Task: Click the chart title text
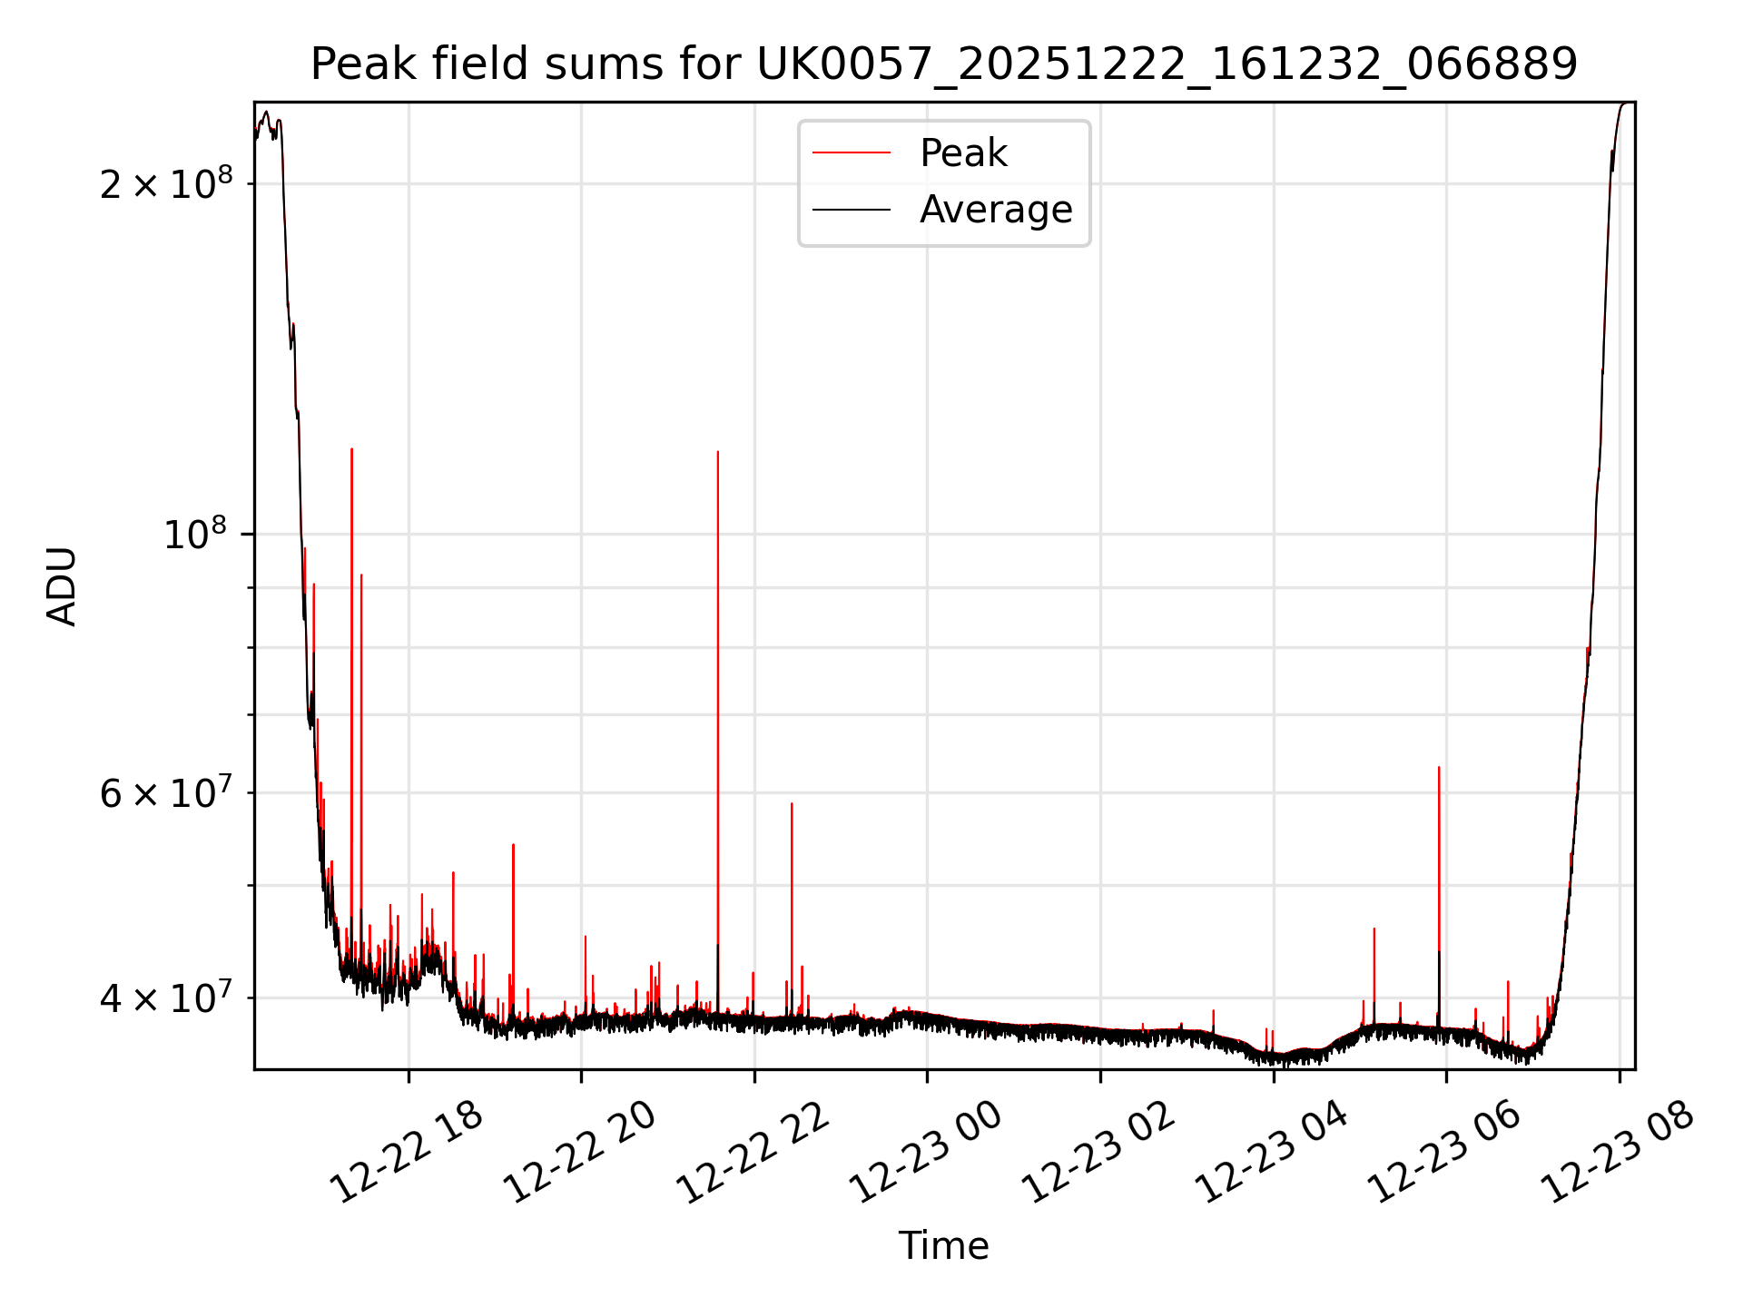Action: tap(944, 64)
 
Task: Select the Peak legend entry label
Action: tap(963, 153)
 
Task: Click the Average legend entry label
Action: tap(996, 210)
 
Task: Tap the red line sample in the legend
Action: tap(852, 153)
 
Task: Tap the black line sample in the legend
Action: tap(852, 210)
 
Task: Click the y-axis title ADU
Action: tap(62, 586)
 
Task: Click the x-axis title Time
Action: tap(943, 1246)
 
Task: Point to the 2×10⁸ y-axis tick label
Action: tap(166, 184)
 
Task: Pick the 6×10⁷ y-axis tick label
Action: tap(166, 793)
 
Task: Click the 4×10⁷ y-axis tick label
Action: tap(166, 998)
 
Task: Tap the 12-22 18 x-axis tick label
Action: tap(407, 1153)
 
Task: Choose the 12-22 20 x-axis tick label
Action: tap(580, 1153)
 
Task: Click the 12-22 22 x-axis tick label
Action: tap(753, 1153)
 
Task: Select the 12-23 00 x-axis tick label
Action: tap(926, 1153)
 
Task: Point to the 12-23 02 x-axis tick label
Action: tap(1099, 1153)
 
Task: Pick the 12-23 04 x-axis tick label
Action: tap(1272, 1153)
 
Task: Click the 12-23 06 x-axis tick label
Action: tap(1445, 1153)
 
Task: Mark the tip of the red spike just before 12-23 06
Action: tap(1439, 768)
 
